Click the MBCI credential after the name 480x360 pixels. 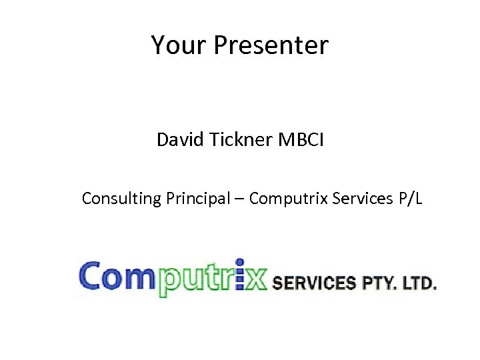pyautogui.click(x=301, y=140)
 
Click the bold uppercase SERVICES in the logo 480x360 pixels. pyautogui.click(x=313, y=283)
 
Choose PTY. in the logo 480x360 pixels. pyautogui.click(x=379, y=283)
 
